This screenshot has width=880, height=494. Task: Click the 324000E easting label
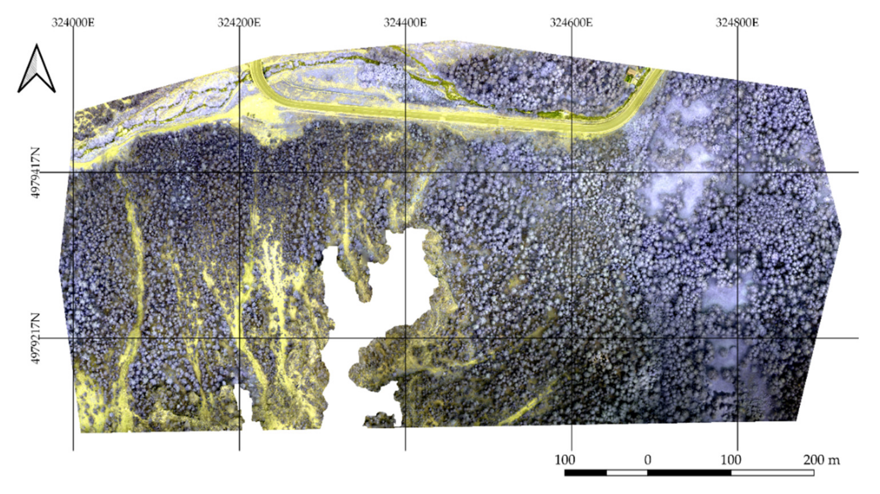(x=73, y=23)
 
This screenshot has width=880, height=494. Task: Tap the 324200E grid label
(x=239, y=23)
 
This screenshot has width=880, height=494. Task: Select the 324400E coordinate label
(x=405, y=23)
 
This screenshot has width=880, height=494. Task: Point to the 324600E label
(x=571, y=23)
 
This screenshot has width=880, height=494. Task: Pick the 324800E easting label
(x=737, y=23)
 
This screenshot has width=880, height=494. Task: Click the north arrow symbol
(x=37, y=69)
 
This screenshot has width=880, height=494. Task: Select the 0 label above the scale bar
(x=648, y=461)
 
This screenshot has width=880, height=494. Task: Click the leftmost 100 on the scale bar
(x=565, y=461)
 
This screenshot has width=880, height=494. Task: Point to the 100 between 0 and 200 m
(x=731, y=461)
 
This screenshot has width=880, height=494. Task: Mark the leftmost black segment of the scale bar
(x=586, y=473)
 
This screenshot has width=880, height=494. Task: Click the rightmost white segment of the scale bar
(x=773, y=473)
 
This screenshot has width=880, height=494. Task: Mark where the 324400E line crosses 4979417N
(x=405, y=172)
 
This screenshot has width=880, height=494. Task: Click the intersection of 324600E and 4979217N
(x=572, y=338)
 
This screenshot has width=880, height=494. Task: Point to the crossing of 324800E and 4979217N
(x=738, y=338)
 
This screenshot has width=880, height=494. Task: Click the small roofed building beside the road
(x=633, y=73)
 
